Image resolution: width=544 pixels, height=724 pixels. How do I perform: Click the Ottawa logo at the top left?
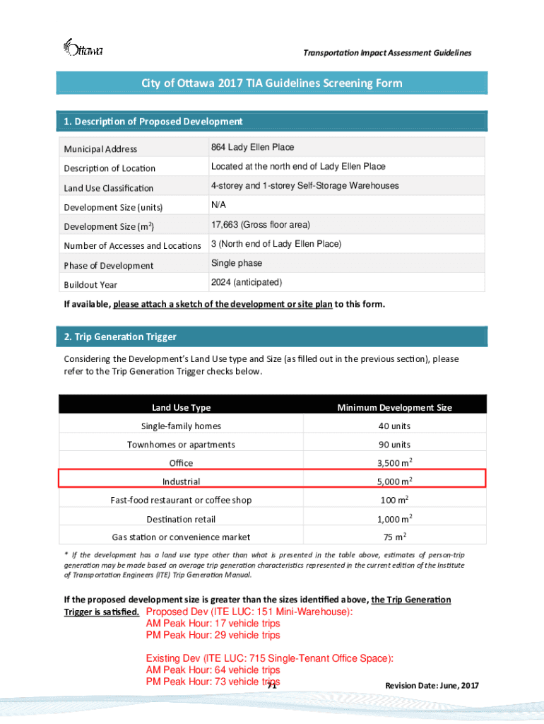[x=83, y=48]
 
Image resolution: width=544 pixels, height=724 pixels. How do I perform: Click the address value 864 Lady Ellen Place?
[x=252, y=147]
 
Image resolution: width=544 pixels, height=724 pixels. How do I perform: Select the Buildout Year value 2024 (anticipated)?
[x=246, y=282]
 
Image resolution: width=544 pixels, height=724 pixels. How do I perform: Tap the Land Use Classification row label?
[x=109, y=188]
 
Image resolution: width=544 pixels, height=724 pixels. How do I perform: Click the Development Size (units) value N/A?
[x=218, y=205]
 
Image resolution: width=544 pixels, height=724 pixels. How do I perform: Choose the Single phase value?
[x=236, y=263]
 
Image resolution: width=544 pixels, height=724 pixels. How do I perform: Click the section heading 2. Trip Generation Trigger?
[x=120, y=337]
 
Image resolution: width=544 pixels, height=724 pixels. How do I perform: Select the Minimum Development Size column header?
[x=394, y=407]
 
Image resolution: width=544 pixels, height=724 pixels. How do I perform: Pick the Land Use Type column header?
[x=181, y=407]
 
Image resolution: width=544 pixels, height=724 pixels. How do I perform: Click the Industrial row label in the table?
[x=181, y=481]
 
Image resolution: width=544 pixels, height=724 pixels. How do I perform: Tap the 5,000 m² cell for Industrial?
[x=394, y=481]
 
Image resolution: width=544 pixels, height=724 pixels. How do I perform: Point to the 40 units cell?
[x=394, y=426]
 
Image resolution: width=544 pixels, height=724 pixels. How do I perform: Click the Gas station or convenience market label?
[x=181, y=537]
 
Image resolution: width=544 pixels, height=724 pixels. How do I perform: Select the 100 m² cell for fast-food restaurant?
[x=394, y=500]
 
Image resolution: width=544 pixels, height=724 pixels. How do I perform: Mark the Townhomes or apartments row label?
[x=181, y=445]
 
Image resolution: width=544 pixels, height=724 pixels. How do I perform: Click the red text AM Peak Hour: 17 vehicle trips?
[x=213, y=624]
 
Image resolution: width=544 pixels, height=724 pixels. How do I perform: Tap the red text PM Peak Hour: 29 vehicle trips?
[x=213, y=635]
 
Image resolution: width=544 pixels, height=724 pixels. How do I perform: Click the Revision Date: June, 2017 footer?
[x=432, y=686]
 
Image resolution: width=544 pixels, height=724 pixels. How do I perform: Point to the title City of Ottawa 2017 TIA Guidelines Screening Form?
[x=272, y=83]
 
